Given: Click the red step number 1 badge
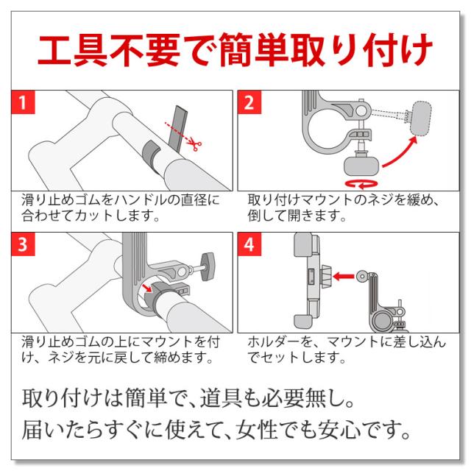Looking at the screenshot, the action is [x=23, y=102].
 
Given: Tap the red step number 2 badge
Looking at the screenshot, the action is [x=249, y=102].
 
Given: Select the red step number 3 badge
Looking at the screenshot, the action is [x=23, y=244].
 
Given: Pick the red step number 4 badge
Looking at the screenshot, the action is [x=249, y=244].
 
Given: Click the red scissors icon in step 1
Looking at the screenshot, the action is [x=194, y=146].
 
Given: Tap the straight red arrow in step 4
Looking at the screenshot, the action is [x=344, y=276].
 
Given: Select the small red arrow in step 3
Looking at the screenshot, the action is [x=147, y=288].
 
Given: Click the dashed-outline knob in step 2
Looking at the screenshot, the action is [x=421, y=118].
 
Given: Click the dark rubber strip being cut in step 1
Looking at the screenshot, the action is [x=177, y=130].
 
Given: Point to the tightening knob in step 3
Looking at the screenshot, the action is [x=208, y=266].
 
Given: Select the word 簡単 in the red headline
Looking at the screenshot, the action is [x=255, y=50].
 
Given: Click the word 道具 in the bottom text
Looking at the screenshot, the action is [x=221, y=397].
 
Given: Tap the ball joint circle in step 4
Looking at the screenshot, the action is [x=362, y=276].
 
